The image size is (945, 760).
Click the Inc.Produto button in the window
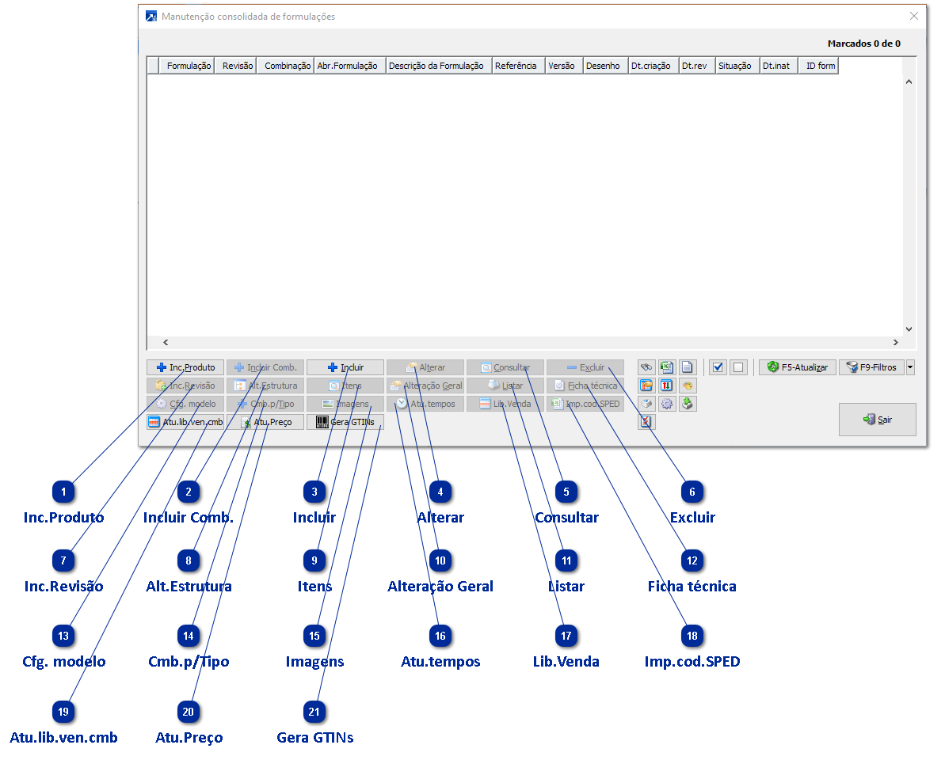185,367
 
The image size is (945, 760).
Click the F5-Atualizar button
797,367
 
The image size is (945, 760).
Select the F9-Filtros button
871,367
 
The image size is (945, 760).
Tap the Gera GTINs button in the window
345,422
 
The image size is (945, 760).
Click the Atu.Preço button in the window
265,422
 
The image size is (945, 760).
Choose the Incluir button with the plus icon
345,367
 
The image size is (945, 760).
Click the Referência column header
516,66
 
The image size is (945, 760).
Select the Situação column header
734,66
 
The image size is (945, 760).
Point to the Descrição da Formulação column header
436,66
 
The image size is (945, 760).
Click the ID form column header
820,66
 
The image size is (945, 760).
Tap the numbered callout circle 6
692,492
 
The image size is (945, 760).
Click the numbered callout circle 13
63,636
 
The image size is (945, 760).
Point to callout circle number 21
314,712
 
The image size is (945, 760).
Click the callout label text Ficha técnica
692,587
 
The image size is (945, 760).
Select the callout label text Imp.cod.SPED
692,661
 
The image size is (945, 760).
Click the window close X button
914,16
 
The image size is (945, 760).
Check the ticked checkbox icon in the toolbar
718,367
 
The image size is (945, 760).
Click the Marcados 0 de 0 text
863,44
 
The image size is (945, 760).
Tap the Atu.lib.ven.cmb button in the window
185,422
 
